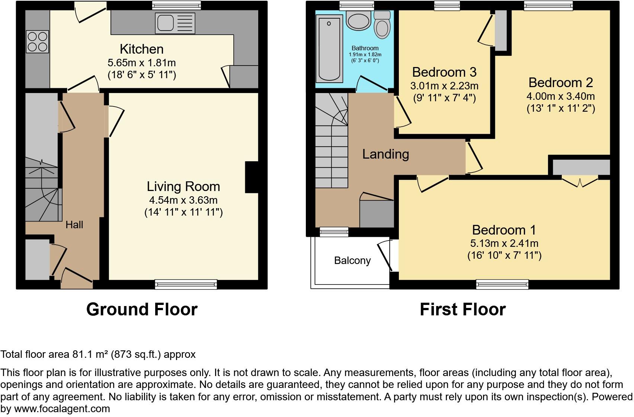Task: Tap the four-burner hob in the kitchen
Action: pyautogui.click(x=38, y=41)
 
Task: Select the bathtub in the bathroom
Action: pyautogui.click(x=330, y=48)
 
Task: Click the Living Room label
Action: pyautogui.click(x=183, y=187)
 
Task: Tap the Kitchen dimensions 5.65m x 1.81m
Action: pyautogui.click(x=142, y=63)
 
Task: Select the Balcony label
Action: pyautogui.click(x=352, y=260)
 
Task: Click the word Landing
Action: pyautogui.click(x=385, y=154)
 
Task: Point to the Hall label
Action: pyautogui.click(x=74, y=225)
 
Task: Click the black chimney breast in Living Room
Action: pyautogui.click(x=252, y=177)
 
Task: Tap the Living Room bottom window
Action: pyautogui.click(x=186, y=285)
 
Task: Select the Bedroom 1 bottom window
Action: pyautogui.click(x=502, y=285)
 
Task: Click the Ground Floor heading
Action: pyautogui.click(x=142, y=309)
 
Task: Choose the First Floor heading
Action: pyautogui.click(x=462, y=309)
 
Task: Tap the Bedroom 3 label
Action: pyautogui.click(x=444, y=72)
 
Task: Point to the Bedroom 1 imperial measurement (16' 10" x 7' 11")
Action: pyautogui.click(x=504, y=255)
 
